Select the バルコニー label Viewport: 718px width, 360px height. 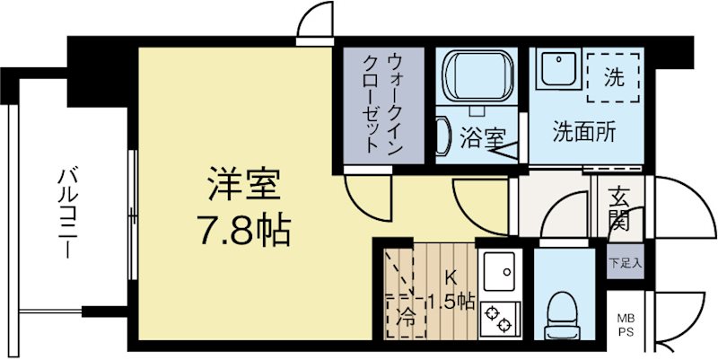point(67,212)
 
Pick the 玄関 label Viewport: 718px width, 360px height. point(618,207)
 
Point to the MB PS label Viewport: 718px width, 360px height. point(624,324)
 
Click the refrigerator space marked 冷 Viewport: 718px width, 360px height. point(404,305)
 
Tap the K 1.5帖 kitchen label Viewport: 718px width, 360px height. point(453,292)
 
